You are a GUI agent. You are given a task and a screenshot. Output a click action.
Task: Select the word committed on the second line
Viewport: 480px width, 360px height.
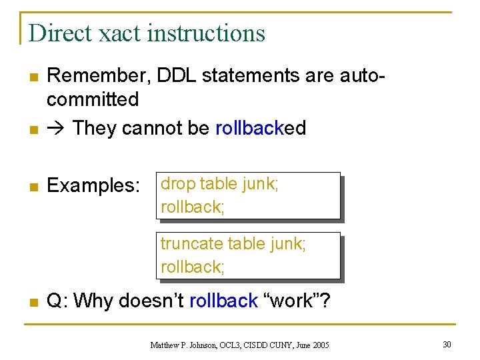coord(93,100)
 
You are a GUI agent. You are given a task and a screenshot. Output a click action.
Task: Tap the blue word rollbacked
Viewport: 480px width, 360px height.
coord(261,127)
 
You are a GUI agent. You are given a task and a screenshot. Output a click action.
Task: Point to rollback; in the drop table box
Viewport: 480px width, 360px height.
coord(193,207)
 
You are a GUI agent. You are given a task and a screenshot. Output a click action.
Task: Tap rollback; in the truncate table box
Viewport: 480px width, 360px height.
coord(193,267)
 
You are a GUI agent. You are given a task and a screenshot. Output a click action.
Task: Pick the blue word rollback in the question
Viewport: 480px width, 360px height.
coord(223,301)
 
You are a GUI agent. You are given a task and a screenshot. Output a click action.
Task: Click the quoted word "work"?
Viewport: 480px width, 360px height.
coord(299,301)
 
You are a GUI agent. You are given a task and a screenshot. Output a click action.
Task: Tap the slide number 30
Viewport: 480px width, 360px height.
coord(446,344)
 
